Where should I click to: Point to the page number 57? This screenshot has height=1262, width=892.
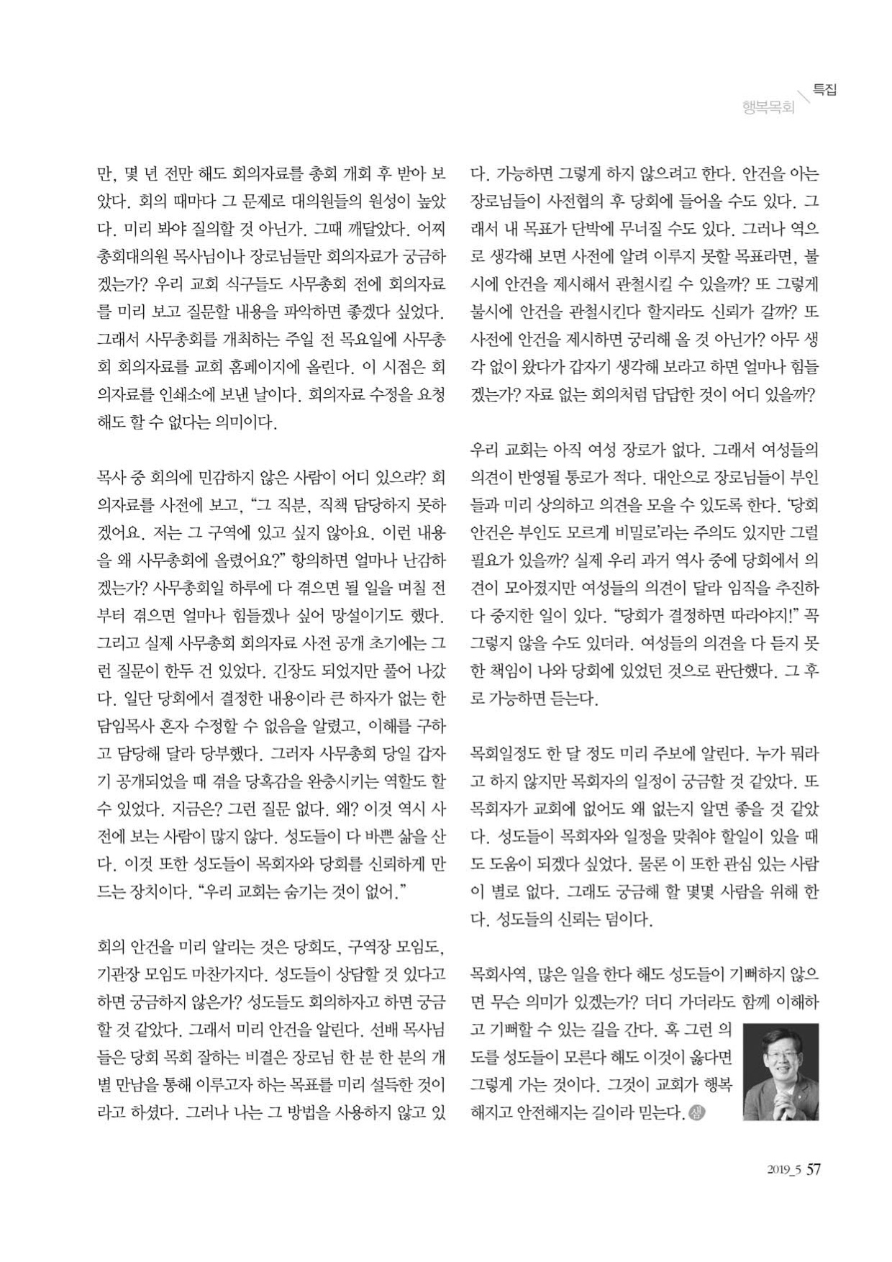[813, 1169]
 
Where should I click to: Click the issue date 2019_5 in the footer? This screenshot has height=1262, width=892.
[784, 1171]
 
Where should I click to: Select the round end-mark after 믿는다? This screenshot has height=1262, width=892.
[696, 1114]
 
